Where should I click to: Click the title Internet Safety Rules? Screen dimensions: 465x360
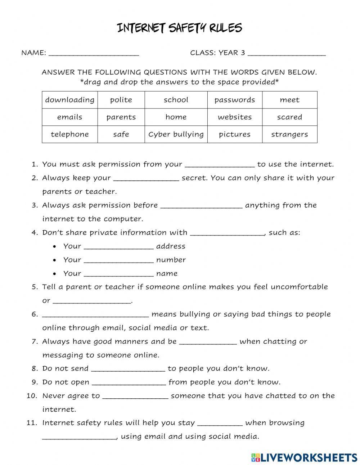point(180,28)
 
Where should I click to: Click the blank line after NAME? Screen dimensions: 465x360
point(94,53)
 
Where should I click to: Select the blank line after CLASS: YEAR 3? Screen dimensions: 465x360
point(287,53)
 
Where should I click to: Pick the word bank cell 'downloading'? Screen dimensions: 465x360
point(70,100)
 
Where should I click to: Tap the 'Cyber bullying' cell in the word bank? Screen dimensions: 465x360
point(176,134)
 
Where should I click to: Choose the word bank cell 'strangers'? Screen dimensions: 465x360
point(289,134)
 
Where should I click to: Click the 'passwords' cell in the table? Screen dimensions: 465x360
point(234,100)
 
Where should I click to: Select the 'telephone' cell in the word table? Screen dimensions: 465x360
point(70,134)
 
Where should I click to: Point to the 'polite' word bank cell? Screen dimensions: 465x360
point(121,100)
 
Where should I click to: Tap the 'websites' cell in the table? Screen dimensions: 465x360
point(234,117)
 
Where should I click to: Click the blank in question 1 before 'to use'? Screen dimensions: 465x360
point(220,165)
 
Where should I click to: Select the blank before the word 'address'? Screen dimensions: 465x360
point(118,246)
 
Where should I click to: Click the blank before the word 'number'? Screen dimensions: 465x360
point(118,260)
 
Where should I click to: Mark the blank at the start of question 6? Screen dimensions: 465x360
point(95,314)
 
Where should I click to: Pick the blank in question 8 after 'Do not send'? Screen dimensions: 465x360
point(128,369)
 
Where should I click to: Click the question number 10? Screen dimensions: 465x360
point(32,396)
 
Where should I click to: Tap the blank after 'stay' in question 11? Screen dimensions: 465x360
point(220,423)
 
